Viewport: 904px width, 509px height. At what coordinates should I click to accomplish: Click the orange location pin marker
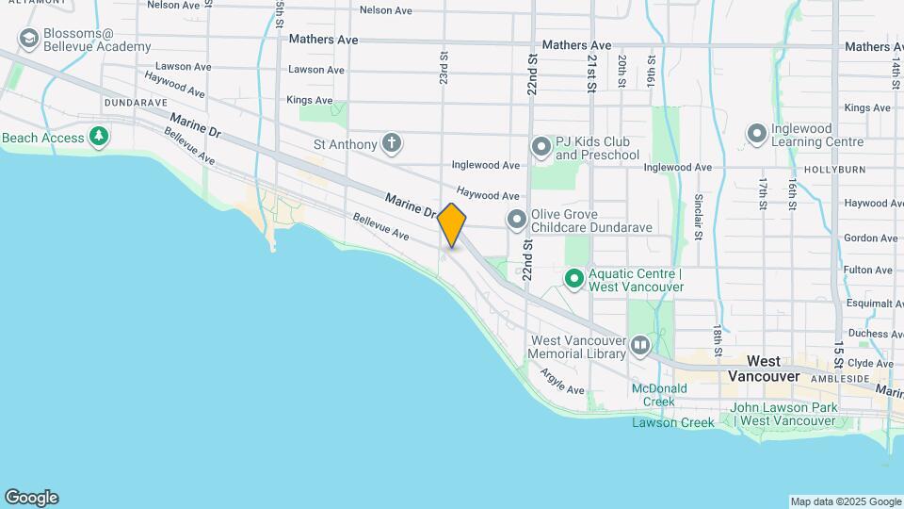point(452,224)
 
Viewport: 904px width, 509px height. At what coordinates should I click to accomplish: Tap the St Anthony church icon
point(392,144)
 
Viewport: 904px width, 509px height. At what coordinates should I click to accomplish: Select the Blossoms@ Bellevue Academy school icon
point(28,39)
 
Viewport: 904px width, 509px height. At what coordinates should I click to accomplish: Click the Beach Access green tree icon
point(99,138)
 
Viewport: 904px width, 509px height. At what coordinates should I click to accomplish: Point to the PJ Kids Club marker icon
point(541,147)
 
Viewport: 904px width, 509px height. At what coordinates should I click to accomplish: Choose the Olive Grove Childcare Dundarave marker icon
point(516,220)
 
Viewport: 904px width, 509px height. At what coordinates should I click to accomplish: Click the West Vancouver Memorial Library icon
point(640,346)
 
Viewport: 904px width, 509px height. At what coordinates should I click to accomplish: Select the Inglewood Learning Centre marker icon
point(756,135)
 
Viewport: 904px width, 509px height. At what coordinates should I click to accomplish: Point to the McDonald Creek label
point(654,394)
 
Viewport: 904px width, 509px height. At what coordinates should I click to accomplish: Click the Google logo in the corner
point(31,498)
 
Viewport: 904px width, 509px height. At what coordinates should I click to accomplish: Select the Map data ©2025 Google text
point(845,501)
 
